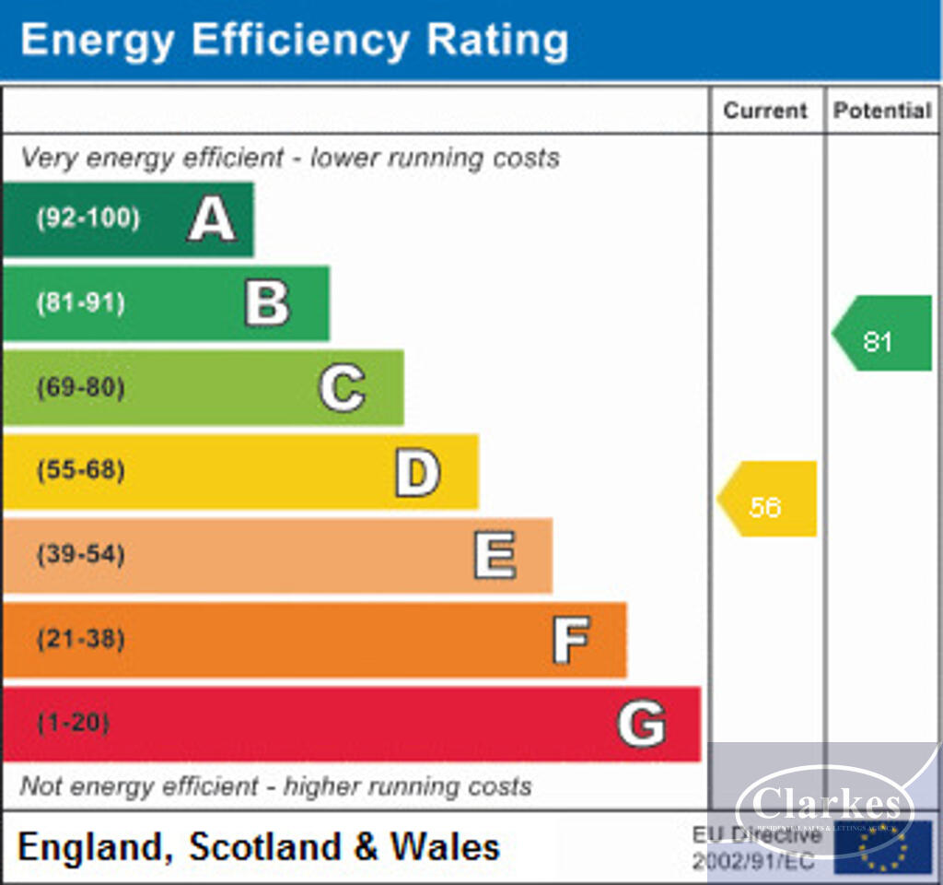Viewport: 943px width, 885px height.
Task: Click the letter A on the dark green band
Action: click(x=212, y=220)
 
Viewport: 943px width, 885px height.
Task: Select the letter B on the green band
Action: click(x=268, y=303)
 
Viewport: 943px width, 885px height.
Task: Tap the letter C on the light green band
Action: click(x=342, y=388)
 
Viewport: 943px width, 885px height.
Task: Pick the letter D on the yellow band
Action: click(x=417, y=472)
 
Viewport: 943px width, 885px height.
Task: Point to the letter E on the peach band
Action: click(x=495, y=556)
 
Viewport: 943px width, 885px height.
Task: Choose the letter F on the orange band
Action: click(x=571, y=640)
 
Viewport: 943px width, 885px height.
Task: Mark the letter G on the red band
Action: click(x=641, y=724)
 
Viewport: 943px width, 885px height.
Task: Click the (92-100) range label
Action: click(x=88, y=219)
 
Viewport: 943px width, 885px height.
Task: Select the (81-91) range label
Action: click(x=80, y=303)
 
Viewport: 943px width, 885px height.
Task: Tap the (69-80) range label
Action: click(x=80, y=388)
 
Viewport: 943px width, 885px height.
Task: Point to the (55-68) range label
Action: click(x=80, y=471)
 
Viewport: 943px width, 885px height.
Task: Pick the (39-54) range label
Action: click(x=80, y=556)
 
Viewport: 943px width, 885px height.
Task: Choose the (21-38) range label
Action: click(x=80, y=639)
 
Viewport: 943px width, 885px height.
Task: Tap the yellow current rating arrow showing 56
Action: click(x=767, y=499)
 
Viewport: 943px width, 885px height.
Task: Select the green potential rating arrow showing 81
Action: click(x=881, y=334)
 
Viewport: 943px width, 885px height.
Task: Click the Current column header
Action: click(x=765, y=111)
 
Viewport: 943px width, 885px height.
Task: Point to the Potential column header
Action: click(x=882, y=111)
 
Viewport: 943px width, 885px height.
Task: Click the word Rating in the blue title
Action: click(x=497, y=41)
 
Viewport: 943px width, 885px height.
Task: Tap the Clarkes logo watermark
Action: click(x=826, y=805)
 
